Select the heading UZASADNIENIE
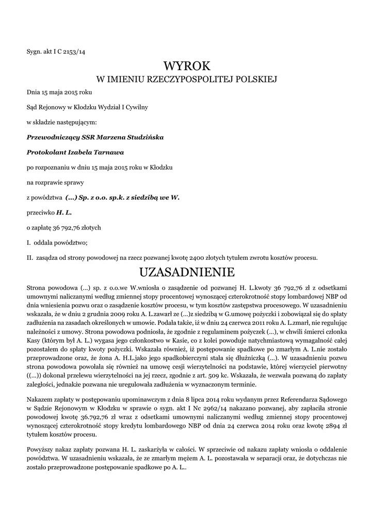point(187,272)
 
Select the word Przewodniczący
point(53,138)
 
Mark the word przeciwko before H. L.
point(41,212)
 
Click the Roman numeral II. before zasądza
point(30,257)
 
